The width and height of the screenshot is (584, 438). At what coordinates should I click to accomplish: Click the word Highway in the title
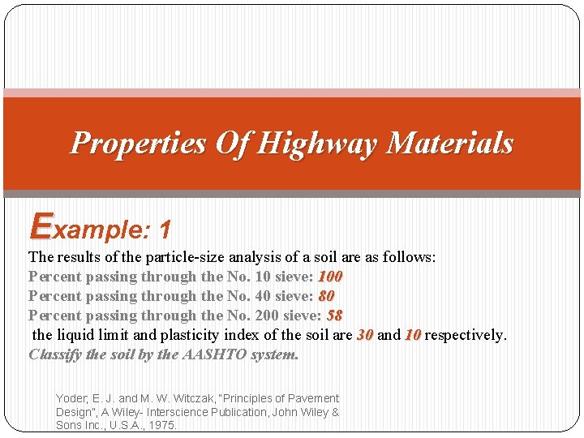pyautogui.click(x=319, y=144)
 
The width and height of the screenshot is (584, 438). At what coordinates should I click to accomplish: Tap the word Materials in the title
pyautogui.click(x=450, y=144)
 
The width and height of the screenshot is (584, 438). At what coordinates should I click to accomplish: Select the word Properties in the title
pyautogui.click(x=138, y=144)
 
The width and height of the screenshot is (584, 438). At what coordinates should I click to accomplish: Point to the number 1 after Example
pyautogui.click(x=165, y=231)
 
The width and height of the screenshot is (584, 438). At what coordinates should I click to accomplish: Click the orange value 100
pyautogui.click(x=330, y=277)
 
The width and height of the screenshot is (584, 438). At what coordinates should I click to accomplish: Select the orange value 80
pyautogui.click(x=327, y=296)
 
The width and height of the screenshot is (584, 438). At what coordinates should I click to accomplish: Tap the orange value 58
pyautogui.click(x=333, y=316)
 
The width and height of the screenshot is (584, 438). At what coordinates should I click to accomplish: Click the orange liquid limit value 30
pyautogui.click(x=365, y=335)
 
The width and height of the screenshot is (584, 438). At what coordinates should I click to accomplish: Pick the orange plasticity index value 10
pyautogui.click(x=413, y=335)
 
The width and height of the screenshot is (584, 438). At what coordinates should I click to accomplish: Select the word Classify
pyautogui.click(x=55, y=354)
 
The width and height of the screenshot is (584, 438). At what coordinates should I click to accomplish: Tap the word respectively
pyautogui.click(x=466, y=335)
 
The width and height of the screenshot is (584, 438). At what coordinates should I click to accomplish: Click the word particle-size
pyautogui.click(x=183, y=257)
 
